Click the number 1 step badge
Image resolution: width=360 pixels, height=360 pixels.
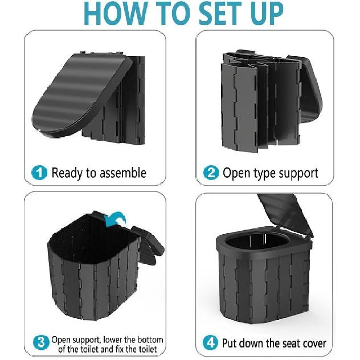coord(39,173)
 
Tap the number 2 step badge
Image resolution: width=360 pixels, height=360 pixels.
coord(211,173)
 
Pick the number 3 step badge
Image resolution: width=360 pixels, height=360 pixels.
coord(41,343)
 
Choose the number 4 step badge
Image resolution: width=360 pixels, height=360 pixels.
coord(210,343)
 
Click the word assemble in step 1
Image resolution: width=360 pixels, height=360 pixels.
coord(122,173)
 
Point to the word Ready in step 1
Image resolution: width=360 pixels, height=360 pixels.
coord(67,174)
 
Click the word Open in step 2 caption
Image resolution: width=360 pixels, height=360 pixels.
coord(233,174)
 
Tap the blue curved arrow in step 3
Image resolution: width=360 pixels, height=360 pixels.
coord(115,219)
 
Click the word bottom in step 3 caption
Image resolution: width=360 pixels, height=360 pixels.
coord(150,340)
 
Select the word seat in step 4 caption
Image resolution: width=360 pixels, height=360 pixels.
coord(290,343)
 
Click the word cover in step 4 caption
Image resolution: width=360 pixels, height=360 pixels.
coord(315,343)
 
